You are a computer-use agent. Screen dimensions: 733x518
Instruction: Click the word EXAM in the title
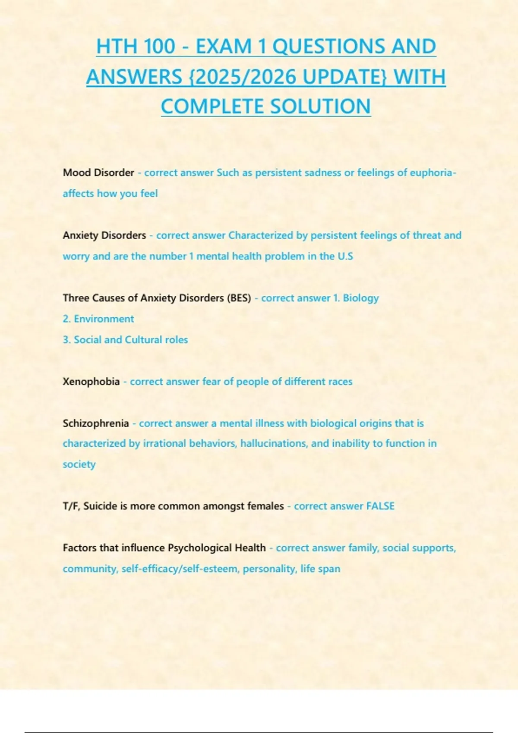click(x=223, y=47)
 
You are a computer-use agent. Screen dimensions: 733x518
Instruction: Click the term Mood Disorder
click(x=98, y=172)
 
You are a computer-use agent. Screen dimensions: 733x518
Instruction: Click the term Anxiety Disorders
click(x=104, y=235)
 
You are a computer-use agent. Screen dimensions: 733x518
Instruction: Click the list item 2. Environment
click(x=98, y=319)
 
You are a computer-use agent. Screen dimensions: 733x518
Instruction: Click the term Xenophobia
click(x=91, y=382)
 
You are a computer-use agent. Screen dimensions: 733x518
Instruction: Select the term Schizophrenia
click(x=96, y=423)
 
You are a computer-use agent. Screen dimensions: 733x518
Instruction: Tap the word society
click(x=79, y=464)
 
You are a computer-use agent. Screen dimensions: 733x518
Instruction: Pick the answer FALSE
click(x=380, y=506)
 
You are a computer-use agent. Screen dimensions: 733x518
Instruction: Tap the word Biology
click(x=360, y=298)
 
